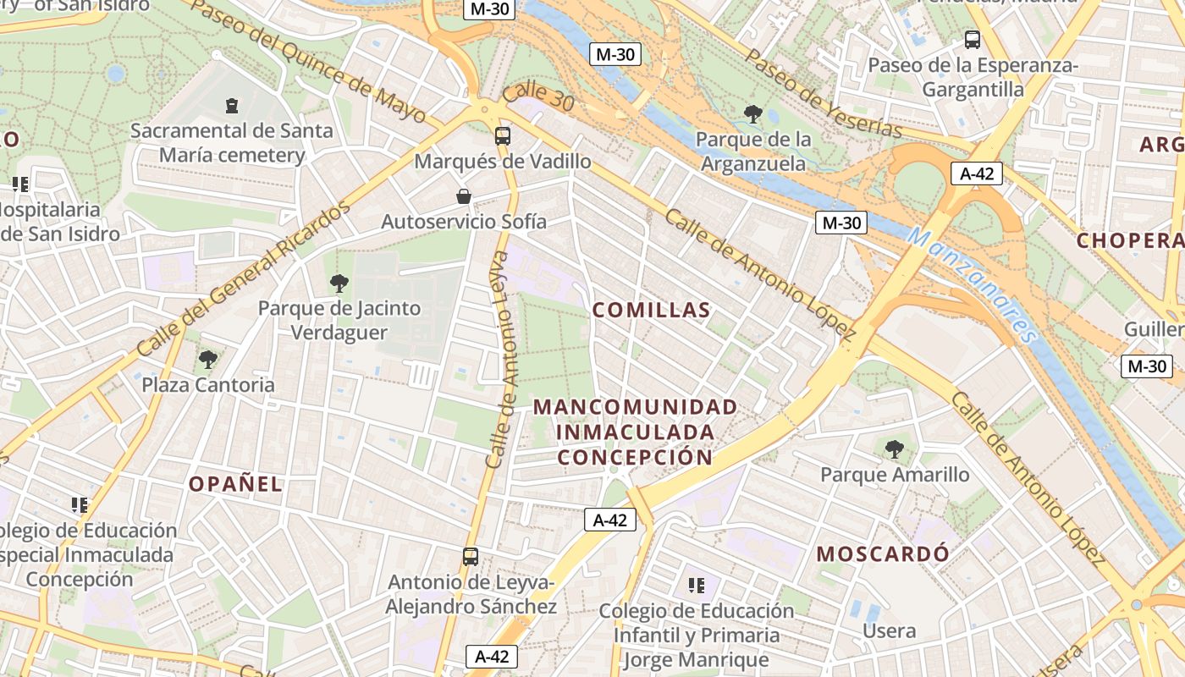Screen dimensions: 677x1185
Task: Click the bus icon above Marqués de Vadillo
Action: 503,135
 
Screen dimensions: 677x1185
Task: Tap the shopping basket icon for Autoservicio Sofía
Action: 464,197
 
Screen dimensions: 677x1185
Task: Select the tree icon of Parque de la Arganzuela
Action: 752,114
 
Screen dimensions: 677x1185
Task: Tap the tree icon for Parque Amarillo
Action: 894,449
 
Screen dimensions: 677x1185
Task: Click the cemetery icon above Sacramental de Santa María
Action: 232,106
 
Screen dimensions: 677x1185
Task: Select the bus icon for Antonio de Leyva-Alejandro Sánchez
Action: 471,557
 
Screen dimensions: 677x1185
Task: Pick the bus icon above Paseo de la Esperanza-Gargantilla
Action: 973,40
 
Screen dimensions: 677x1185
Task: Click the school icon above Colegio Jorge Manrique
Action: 697,586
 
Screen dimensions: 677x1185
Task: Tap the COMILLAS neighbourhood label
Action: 651,311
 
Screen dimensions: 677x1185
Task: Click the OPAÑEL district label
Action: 235,484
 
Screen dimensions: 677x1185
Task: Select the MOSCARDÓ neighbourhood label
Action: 883,554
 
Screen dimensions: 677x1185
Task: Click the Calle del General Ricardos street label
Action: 243,278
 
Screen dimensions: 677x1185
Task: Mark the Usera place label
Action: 889,631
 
